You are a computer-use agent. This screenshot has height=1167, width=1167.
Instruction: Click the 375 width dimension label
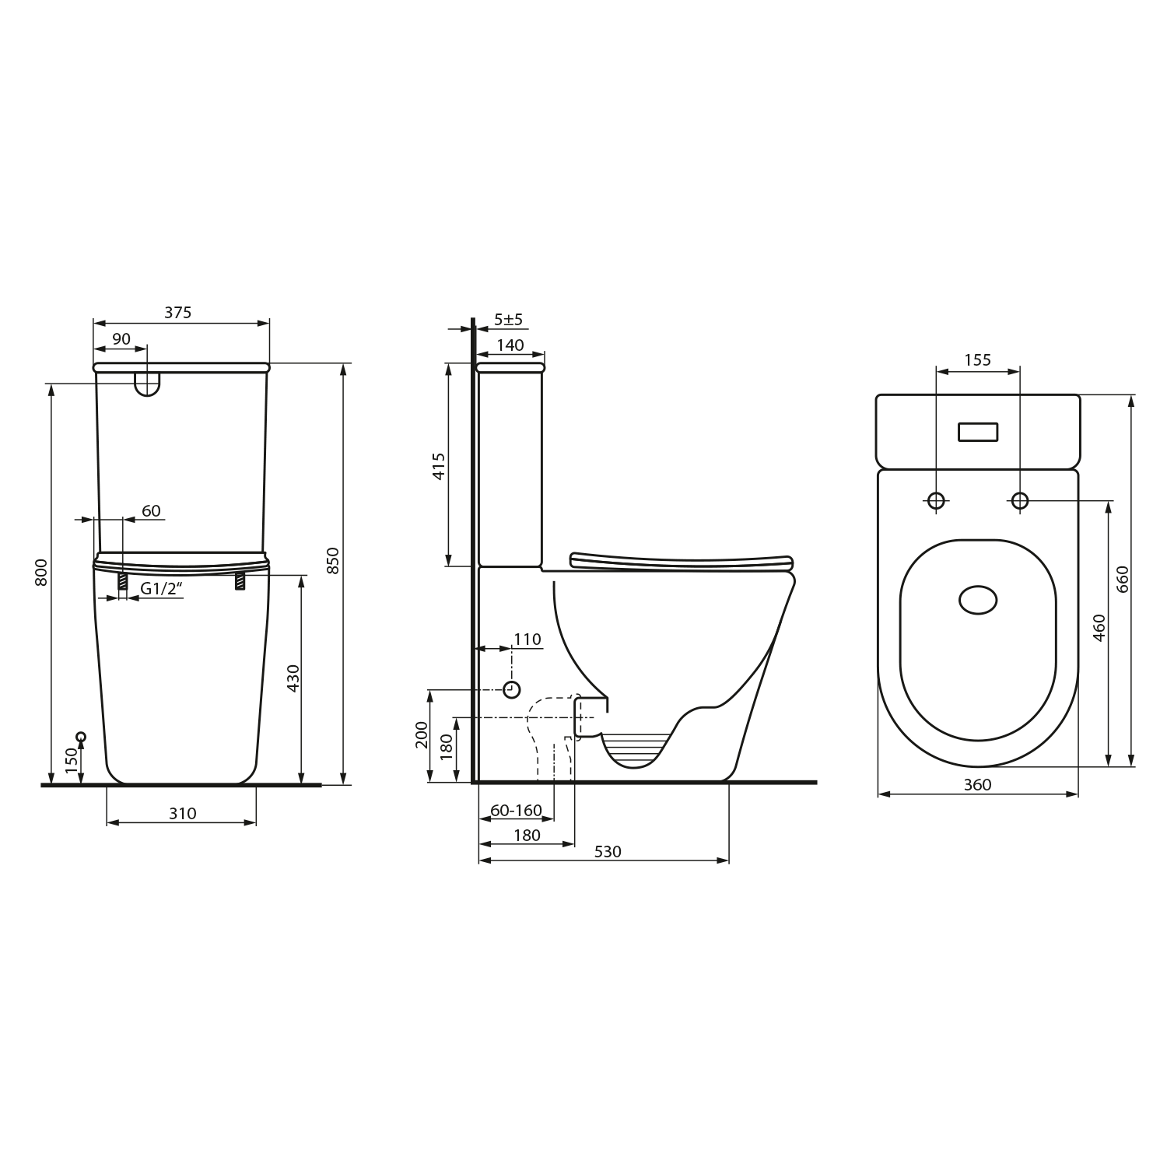coord(177,313)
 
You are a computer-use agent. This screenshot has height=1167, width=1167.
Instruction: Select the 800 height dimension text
coord(42,572)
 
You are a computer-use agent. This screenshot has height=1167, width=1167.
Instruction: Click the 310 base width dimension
coord(182,813)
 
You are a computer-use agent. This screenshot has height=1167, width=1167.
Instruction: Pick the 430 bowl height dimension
coord(293,678)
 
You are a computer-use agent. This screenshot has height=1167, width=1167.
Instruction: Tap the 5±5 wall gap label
coord(509,319)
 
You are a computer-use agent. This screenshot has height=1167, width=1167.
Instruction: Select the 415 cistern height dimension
coord(438,466)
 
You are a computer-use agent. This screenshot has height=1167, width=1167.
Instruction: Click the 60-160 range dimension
coord(516,810)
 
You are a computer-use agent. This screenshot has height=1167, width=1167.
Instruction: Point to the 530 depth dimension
coord(608,852)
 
